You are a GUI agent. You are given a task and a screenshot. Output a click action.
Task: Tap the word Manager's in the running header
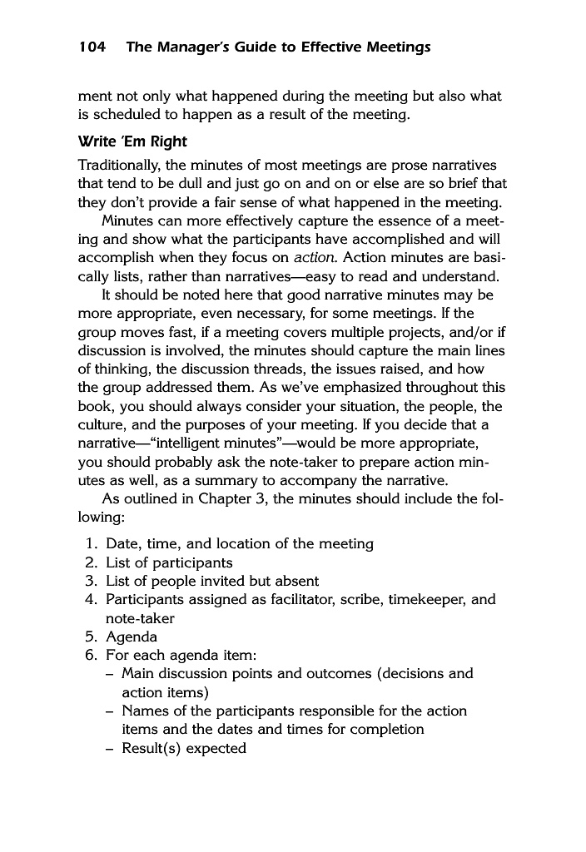point(192,47)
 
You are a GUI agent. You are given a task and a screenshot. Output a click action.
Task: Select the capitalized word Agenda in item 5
point(131,637)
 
